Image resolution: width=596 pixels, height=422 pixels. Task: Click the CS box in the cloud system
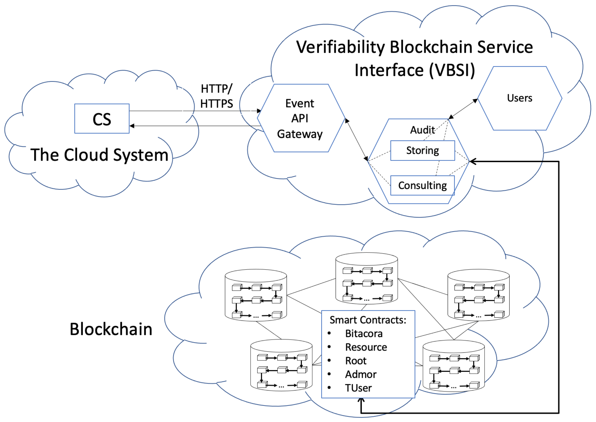[102, 119]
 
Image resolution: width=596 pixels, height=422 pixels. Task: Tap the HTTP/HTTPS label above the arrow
[216, 96]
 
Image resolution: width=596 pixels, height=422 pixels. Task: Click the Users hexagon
[520, 98]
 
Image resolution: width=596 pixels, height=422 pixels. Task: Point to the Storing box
[422, 151]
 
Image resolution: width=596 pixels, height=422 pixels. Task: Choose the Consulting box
[422, 186]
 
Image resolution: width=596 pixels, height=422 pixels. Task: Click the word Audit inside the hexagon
[422, 130]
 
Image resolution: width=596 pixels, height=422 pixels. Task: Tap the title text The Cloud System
[99, 155]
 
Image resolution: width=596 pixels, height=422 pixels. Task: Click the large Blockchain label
[111, 329]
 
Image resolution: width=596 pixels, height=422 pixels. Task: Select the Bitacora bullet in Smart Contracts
[364, 334]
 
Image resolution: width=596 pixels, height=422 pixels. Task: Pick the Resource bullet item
[366, 347]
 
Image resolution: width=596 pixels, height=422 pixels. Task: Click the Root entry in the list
[355, 361]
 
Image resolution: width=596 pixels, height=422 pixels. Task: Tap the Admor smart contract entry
[360, 374]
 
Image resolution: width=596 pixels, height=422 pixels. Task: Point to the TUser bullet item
[358, 388]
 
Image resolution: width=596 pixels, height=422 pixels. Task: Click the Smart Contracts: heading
[368, 320]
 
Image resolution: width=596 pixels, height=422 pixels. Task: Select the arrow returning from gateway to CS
[195, 126]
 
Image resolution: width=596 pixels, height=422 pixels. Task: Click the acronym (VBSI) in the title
[452, 70]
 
